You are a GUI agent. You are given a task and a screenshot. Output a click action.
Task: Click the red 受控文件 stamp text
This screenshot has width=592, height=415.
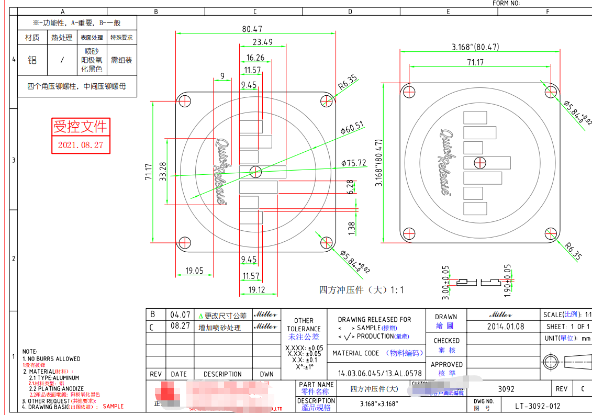click(81, 126)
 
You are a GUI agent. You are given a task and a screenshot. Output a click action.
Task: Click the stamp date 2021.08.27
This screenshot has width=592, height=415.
click(81, 145)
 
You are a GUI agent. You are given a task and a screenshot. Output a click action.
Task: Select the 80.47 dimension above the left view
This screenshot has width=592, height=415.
click(252, 29)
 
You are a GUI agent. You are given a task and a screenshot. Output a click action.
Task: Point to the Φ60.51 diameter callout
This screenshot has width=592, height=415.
click(352, 128)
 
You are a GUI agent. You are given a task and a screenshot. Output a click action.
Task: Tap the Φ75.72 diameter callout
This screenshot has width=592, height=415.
click(354, 163)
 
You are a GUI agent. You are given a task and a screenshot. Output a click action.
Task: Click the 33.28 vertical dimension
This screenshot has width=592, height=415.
click(162, 172)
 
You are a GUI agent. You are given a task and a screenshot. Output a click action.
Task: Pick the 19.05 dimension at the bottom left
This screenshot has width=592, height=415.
click(194, 271)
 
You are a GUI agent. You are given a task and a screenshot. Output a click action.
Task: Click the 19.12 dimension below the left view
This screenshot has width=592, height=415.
click(256, 289)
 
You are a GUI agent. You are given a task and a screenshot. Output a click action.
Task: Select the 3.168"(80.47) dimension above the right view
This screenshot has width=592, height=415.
click(475, 47)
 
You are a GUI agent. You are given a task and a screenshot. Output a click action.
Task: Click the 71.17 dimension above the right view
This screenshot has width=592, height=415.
click(475, 62)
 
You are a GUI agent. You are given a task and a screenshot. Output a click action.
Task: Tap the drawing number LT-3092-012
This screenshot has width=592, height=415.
click(538, 406)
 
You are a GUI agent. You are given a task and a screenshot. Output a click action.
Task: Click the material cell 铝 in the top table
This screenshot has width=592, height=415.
click(32, 60)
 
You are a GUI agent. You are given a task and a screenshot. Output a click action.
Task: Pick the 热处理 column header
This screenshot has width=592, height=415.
click(62, 38)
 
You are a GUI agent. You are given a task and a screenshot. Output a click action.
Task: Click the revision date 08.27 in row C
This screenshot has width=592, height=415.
click(180, 327)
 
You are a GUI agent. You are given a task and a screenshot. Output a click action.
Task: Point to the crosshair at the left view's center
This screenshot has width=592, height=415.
click(255, 171)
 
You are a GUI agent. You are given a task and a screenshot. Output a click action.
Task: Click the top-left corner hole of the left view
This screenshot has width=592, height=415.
click(184, 100)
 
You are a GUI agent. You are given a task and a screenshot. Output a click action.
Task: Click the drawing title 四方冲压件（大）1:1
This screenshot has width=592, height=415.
click(362, 289)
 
